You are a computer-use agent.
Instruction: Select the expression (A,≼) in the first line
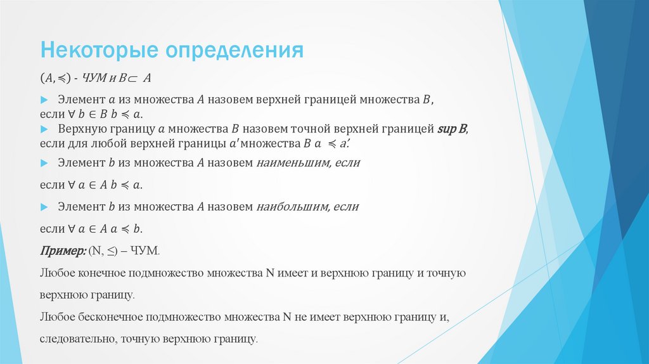[55, 78]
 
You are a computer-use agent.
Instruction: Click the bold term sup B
[452, 129]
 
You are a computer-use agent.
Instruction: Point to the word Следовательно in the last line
[75, 339]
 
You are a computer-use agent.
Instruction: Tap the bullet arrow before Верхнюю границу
[44, 129]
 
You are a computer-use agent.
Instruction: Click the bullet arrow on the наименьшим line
[44, 163]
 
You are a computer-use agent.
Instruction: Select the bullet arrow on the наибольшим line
[44, 207]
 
